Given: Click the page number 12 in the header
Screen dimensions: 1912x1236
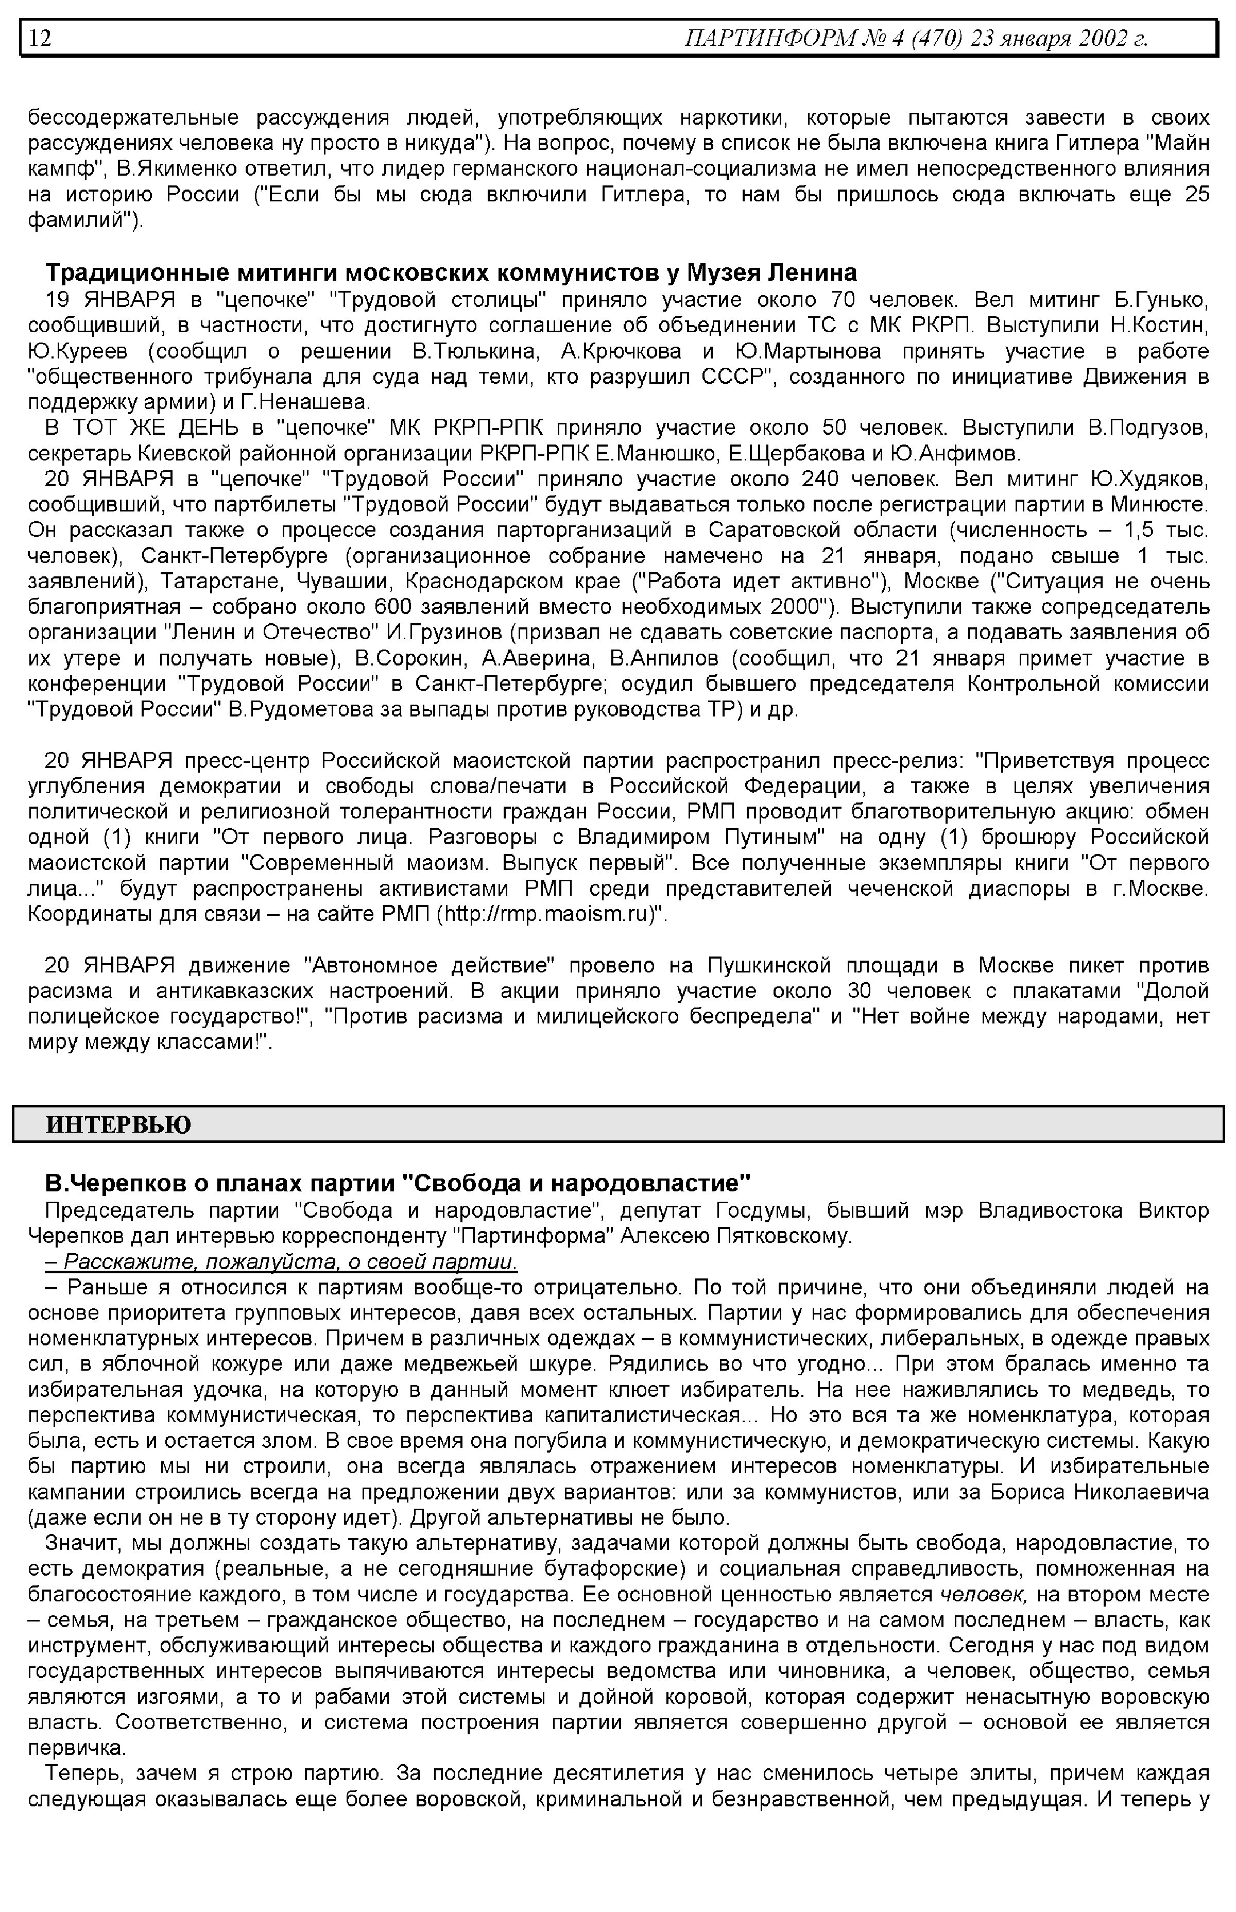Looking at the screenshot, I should pyautogui.click(x=40, y=38).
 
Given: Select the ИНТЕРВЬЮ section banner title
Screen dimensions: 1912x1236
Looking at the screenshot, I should pyautogui.click(x=119, y=1124).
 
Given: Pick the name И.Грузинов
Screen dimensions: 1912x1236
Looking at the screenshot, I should pyautogui.click(x=444, y=634).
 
